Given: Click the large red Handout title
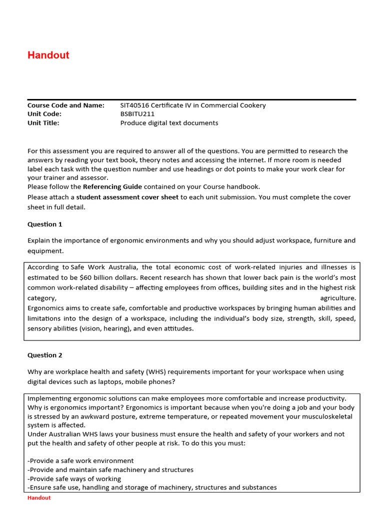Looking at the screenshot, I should [x=48, y=55].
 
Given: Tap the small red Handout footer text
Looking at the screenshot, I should [x=39, y=498].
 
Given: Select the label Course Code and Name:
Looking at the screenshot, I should [x=66, y=105].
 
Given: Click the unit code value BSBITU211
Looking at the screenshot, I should [x=137, y=114].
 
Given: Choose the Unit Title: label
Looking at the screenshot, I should [x=43, y=123].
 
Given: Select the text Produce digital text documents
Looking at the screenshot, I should [x=169, y=123].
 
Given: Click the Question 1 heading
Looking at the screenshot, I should [x=45, y=224].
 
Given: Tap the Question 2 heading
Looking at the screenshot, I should [x=45, y=355].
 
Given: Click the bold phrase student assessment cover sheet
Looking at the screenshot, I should [x=127, y=197].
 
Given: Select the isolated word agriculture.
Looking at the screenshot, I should [x=338, y=298].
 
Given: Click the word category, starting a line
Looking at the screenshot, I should [x=42, y=298].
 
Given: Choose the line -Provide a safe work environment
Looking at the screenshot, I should [x=80, y=460].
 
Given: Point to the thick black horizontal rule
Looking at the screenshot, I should [x=191, y=99].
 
